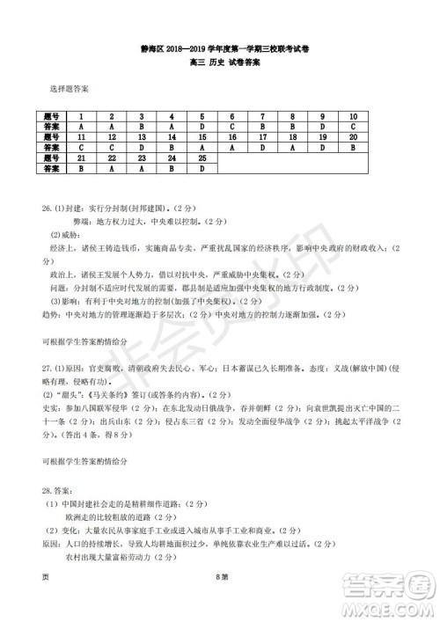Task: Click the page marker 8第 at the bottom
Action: click(x=221, y=604)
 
